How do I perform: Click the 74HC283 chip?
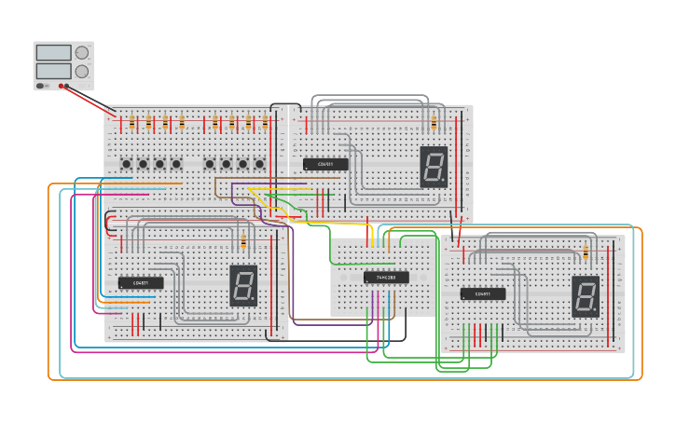coord(386,277)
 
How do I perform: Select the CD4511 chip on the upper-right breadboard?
coord(325,164)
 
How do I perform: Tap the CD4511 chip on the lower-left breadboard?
coord(141,282)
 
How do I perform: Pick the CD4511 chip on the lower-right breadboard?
coord(483,293)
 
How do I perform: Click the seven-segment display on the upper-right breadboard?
coord(434,166)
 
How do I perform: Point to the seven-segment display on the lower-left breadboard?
coord(243,285)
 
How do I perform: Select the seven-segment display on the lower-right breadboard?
coord(586,295)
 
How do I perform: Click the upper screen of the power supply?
coord(53,53)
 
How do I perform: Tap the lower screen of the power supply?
coord(53,71)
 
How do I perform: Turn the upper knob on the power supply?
coord(82,53)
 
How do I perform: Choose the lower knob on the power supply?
coord(82,71)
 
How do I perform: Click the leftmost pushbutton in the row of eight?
coord(126,164)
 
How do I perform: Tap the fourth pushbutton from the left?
coord(176,164)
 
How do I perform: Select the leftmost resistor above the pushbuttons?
coord(131,122)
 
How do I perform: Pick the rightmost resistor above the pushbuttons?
coord(265,122)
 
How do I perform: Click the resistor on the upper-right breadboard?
coord(434,122)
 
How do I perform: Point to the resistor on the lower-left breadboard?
coord(243,242)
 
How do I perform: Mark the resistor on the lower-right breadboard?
coord(586,252)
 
